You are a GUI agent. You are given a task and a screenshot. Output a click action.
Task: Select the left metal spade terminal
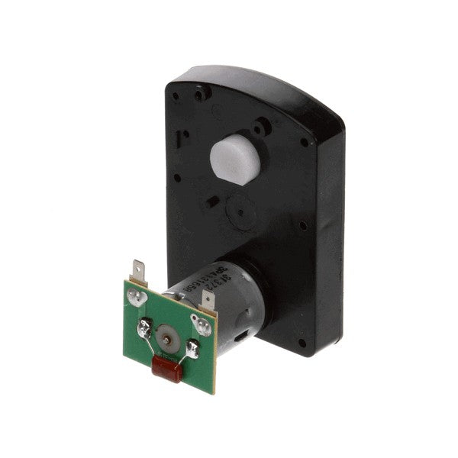(x=137, y=271)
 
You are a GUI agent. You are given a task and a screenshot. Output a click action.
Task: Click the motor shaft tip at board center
(x=166, y=333)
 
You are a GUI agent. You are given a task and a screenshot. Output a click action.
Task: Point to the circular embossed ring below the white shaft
(x=236, y=208)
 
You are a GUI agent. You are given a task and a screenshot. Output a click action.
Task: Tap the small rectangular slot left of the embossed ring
(x=207, y=205)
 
